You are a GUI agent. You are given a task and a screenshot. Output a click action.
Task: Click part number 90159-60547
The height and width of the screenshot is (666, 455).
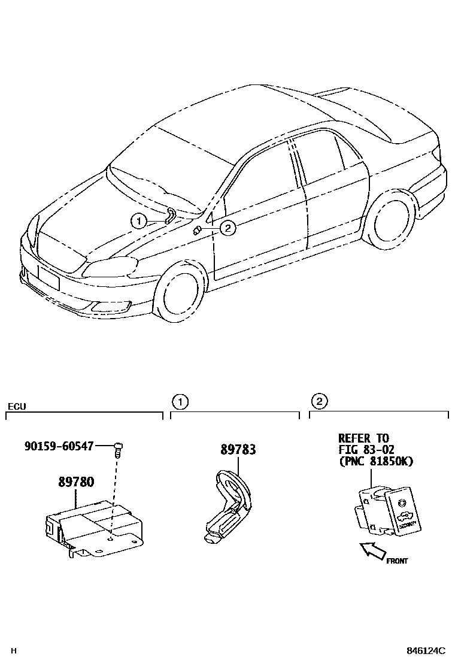coord(59,446)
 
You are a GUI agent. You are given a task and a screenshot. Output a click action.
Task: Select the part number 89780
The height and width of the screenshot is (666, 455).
coord(76,482)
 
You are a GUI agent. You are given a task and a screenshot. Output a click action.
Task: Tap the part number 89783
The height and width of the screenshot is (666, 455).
coord(238,449)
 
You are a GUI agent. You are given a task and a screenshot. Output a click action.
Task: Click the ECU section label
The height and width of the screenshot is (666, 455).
coord(16,407)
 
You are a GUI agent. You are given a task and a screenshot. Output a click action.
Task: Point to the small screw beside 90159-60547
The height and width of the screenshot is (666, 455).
coord(118,448)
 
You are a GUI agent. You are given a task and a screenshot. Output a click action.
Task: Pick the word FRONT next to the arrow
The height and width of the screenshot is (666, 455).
coord(396,561)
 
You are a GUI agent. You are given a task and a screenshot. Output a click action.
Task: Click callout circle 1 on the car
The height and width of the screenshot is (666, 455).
coord(139,222)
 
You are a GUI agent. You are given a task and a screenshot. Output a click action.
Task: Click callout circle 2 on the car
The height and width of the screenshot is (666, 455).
coord(227,227)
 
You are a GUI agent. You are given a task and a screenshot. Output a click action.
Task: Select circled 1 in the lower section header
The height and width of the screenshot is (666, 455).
coord(178,401)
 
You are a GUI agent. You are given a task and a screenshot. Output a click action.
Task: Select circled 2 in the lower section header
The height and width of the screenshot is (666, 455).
coord(318,401)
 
